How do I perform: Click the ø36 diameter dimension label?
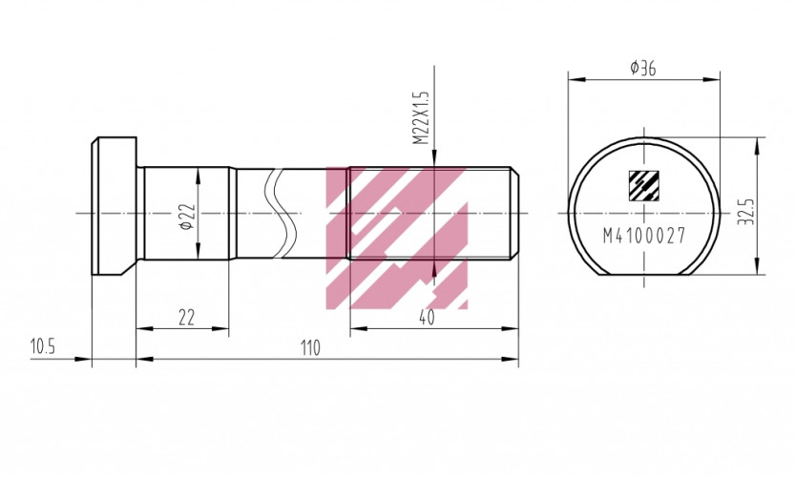[x=642, y=68]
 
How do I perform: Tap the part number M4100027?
[x=644, y=237]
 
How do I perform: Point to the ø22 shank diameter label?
[x=187, y=217]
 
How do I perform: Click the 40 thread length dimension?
[x=426, y=318]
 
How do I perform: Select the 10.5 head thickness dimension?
[x=42, y=347]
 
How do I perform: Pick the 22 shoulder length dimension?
[x=187, y=318]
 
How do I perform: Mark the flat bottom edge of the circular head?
[x=644, y=275]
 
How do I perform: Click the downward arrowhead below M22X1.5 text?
[x=434, y=162]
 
